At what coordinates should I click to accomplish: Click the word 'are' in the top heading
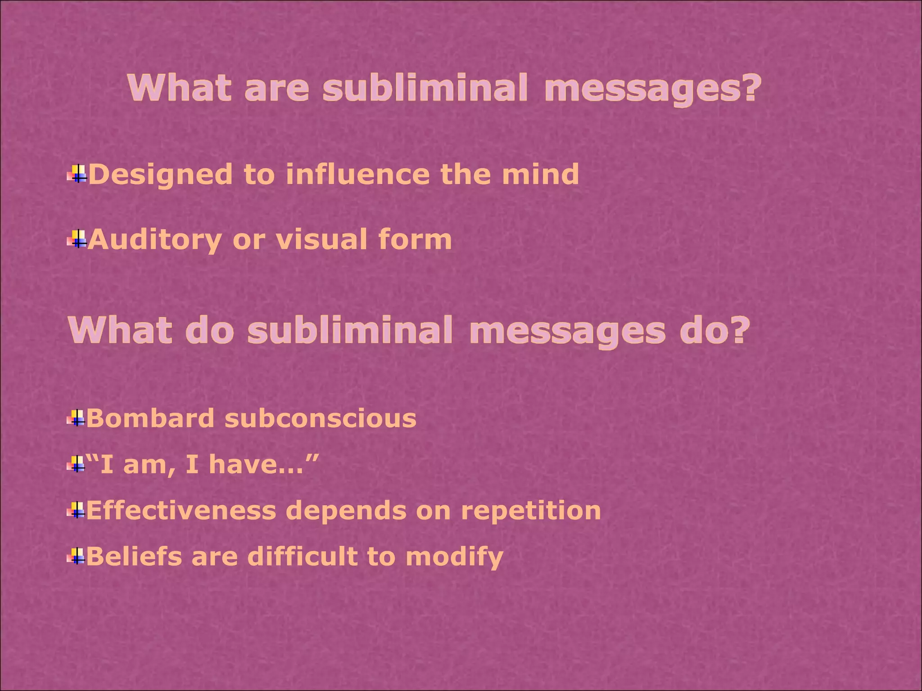pos(276,88)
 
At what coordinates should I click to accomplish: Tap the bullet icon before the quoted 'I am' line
pos(77,464)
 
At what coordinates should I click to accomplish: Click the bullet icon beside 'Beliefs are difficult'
pos(77,556)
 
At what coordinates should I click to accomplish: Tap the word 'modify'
pos(454,557)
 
